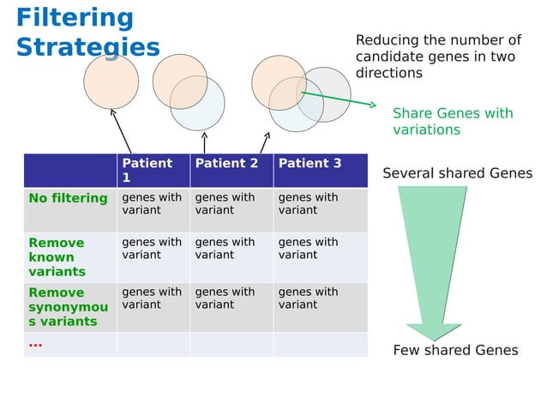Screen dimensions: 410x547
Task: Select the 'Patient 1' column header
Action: click(x=147, y=170)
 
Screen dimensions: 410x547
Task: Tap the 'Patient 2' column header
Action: click(x=226, y=163)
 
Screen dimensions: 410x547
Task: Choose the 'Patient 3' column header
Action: click(x=310, y=163)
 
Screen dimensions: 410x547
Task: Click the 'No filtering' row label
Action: click(x=69, y=199)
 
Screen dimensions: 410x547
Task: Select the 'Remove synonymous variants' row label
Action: click(x=69, y=306)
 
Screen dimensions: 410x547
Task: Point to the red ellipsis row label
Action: click(x=35, y=344)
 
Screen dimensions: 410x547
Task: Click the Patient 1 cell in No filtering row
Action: click(x=152, y=203)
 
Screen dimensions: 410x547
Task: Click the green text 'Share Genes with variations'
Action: click(x=452, y=122)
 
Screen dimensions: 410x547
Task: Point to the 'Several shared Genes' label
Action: click(x=457, y=174)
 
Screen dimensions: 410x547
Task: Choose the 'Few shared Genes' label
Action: click(x=455, y=350)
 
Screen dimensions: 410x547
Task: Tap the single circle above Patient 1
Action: click(x=111, y=81)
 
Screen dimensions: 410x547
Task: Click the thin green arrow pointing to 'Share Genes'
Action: click(x=338, y=96)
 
